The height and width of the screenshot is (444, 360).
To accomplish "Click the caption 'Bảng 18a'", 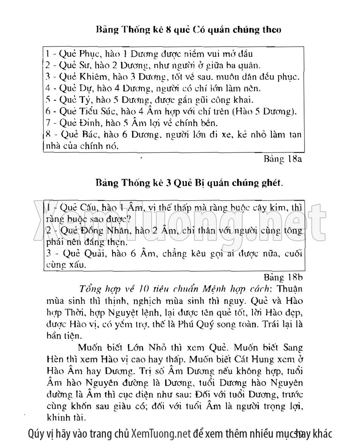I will [x=282, y=160].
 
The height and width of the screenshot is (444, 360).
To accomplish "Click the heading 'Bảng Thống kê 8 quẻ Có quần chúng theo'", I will [x=188, y=30].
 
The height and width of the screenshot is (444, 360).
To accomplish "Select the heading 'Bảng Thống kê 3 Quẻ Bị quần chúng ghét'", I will [x=189, y=183].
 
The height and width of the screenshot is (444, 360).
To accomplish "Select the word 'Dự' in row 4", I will [x=86, y=88].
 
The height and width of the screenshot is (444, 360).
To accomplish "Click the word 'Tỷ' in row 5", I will [x=86, y=100].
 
